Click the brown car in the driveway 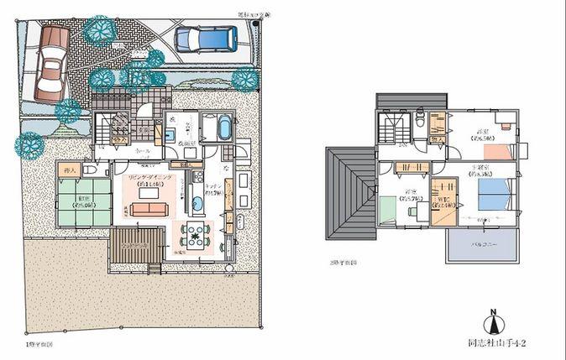(50, 60)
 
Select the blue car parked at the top (201, 37)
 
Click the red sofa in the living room (148, 207)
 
